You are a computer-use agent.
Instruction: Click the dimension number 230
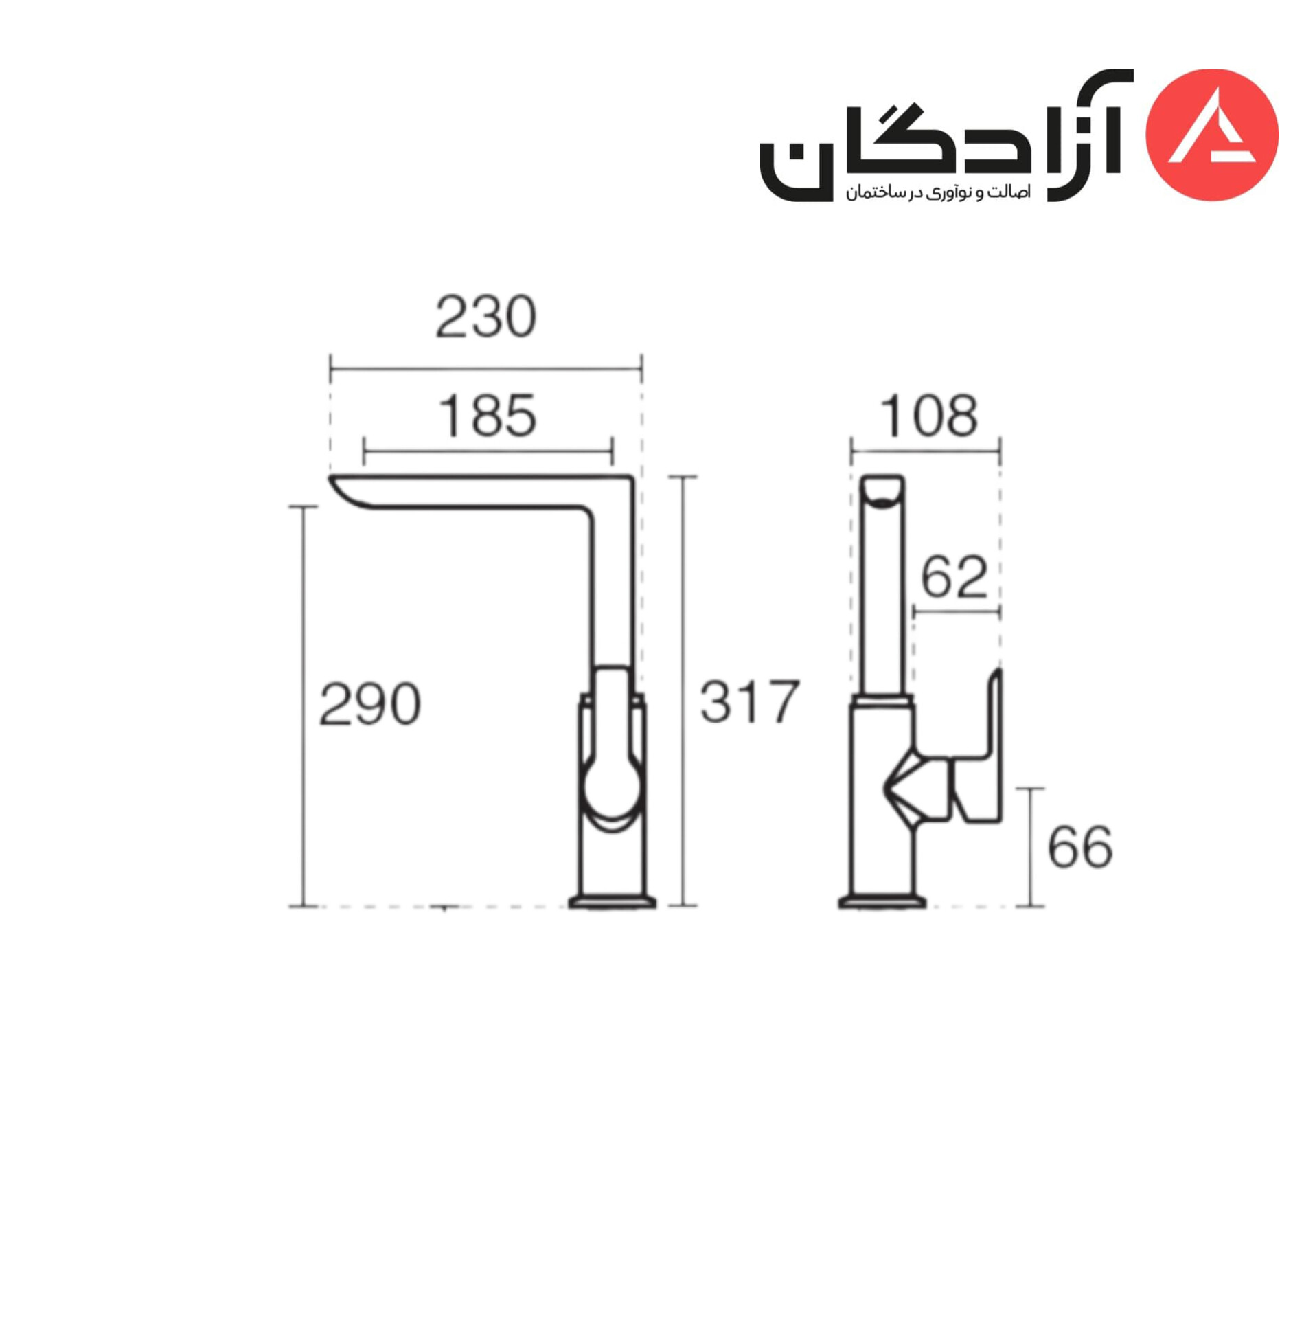click(485, 317)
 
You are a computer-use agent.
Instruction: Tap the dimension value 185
click(487, 416)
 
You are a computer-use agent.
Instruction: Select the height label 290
click(369, 704)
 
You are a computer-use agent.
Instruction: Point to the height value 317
click(749, 702)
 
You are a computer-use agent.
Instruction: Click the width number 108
click(928, 416)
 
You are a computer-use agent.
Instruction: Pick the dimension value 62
click(954, 576)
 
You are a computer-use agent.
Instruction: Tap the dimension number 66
click(1079, 847)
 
